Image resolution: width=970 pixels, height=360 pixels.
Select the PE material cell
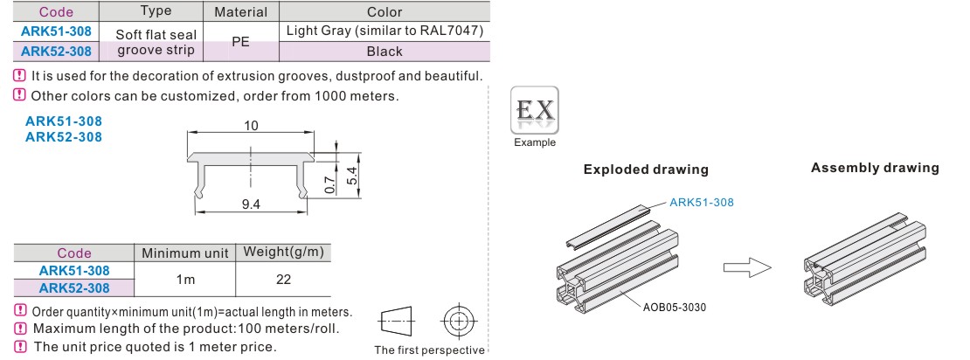(x=240, y=42)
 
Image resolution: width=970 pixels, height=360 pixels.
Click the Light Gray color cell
(x=385, y=31)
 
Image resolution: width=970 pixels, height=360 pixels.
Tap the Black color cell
(x=385, y=52)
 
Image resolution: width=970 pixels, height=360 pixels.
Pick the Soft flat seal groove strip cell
(x=151, y=42)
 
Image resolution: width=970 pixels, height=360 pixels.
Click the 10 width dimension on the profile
(x=252, y=126)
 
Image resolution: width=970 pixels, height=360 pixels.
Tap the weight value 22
(x=283, y=280)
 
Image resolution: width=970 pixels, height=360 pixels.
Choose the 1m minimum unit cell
(x=184, y=280)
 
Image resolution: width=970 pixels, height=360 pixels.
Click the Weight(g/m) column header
(x=283, y=253)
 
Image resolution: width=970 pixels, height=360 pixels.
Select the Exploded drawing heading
(x=646, y=170)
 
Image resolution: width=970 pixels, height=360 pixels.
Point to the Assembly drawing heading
(x=875, y=168)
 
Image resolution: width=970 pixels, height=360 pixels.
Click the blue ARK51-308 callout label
(x=702, y=203)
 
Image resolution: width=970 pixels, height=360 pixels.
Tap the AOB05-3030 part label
(x=675, y=307)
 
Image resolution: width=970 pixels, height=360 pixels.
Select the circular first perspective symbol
(x=457, y=322)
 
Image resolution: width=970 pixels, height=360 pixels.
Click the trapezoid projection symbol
(x=394, y=322)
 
